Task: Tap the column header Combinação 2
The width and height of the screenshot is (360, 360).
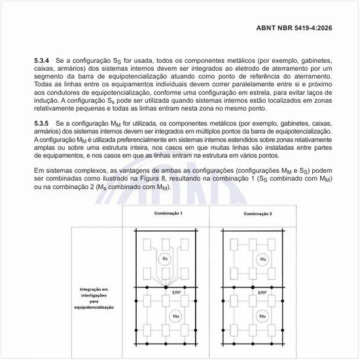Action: click(257, 214)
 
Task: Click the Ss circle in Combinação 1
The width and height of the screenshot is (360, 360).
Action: click(165, 259)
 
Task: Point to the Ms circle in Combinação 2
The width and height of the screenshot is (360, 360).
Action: click(262, 259)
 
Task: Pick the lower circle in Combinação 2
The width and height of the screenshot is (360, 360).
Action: click(262, 317)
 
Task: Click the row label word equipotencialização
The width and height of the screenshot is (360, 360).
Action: click(94, 307)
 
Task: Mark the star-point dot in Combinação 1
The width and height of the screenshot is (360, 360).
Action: click(165, 287)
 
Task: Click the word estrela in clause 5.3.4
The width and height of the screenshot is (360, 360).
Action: click(261, 93)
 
